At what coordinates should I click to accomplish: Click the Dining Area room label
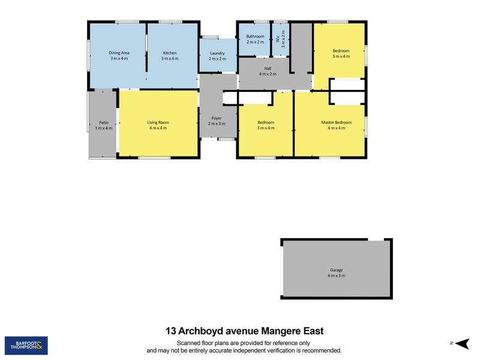tap(119, 53)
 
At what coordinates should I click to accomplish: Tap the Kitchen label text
tap(170, 53)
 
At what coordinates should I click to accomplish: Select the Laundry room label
tap(217, 53)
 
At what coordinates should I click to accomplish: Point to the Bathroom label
tap(255, 36)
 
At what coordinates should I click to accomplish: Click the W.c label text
tap(277, 39)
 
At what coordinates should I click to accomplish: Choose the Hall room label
tap(268, 68)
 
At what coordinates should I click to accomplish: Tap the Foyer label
tap(217, 118)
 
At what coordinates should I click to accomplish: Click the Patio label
tap(103, 122)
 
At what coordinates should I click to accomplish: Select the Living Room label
tap(158, 122)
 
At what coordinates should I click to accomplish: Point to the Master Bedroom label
tap(337, 122)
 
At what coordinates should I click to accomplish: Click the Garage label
tap(337, 270)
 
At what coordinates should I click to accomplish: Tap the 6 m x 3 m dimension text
tap(337, 275)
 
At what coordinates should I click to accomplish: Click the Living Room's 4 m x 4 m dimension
tap(158, 128)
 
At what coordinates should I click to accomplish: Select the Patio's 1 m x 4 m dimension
tap(103, 128)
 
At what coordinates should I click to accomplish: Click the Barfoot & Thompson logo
tap(26, 346)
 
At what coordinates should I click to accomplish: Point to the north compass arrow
tap(461, 343)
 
